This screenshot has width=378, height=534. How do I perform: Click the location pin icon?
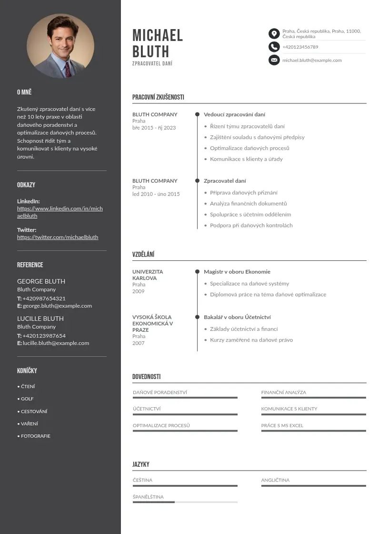click(274, 33)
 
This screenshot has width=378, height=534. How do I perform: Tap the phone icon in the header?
click(274, 47)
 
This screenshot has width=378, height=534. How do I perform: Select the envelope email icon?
click(274, 60)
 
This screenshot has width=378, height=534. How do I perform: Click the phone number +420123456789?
click(300, 47)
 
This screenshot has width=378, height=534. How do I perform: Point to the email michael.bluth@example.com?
click(312, 61)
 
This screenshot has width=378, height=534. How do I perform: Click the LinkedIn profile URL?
click(60, 212)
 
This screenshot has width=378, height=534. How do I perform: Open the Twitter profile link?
click(58, 237)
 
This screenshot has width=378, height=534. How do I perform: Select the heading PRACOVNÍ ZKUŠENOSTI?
click(158, 97)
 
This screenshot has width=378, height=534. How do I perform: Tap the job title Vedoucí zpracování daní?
click(235, 114)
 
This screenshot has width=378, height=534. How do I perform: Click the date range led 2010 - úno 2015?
click(156, 194)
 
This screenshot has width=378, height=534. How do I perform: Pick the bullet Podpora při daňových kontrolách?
click(251, 226)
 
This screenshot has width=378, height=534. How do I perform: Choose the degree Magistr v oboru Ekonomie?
click(237, 272)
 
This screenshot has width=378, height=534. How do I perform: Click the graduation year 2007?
click(139, 343)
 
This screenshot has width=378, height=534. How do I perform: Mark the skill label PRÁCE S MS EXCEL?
click(282, 426)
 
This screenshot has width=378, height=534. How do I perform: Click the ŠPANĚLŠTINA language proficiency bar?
click(185, 502)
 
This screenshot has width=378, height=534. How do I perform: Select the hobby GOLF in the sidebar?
click(27, 399)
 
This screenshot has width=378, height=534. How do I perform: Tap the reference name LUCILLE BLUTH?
click(40, 318)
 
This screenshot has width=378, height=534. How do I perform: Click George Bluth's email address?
click(57, 306)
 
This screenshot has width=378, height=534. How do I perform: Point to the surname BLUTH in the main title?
click(151, 51)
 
